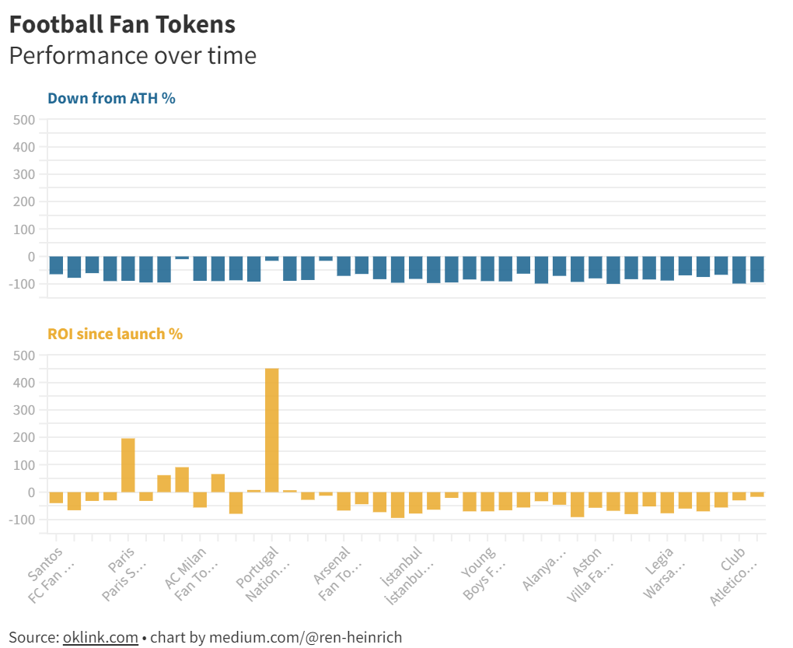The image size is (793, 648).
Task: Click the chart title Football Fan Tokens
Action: coord(122,24)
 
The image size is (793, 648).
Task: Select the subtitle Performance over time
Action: coord(132,56)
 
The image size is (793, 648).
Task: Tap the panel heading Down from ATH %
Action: coord(111,99)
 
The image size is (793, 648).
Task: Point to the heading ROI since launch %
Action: coord(115,334)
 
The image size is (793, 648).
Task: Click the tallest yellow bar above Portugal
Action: coord(272,429)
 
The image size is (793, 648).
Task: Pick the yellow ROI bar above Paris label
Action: coord(128,465)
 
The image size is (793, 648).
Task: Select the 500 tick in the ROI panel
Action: coord(24,356)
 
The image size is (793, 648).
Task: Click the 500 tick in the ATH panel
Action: coord(24,120)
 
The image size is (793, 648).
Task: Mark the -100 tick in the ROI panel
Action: coord(22,520)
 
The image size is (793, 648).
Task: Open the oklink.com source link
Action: coord(100,638)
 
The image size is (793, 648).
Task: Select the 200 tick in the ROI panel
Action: coord(24,438)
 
